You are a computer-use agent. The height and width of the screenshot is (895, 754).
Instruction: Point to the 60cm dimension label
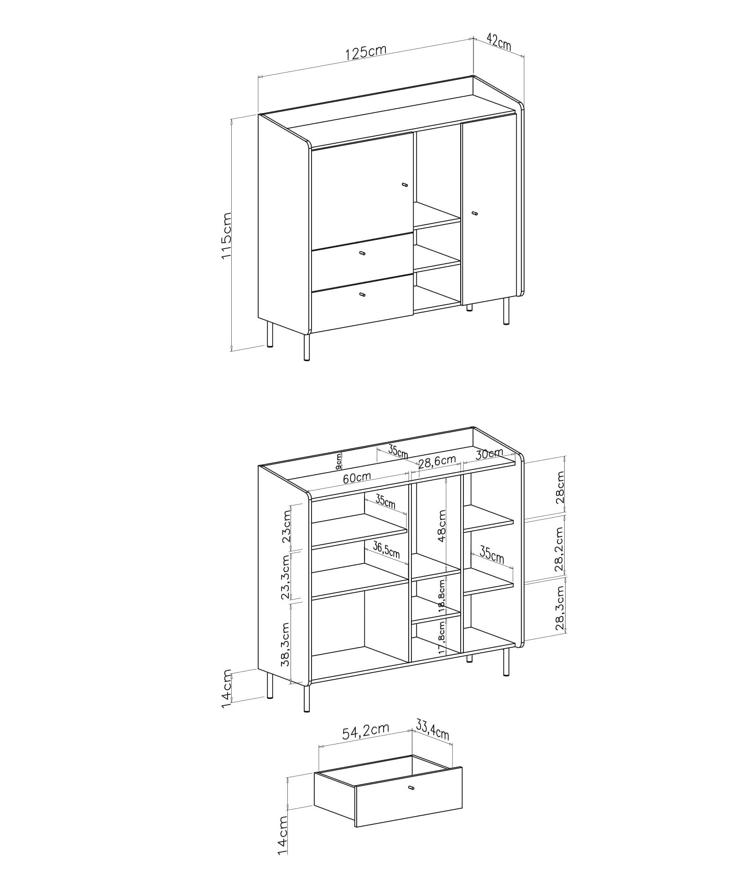(x=357, y=478)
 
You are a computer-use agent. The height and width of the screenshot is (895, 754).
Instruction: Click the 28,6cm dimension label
(x=437, y=462)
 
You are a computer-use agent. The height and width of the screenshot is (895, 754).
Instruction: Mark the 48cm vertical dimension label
(x=442, y=526)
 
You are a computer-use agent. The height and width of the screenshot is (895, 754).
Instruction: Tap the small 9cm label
(x=338, y=462)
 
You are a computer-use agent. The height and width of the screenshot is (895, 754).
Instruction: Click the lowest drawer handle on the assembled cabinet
(x=362, y=295)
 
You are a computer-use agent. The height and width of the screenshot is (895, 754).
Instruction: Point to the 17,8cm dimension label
(x=442, y=637)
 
